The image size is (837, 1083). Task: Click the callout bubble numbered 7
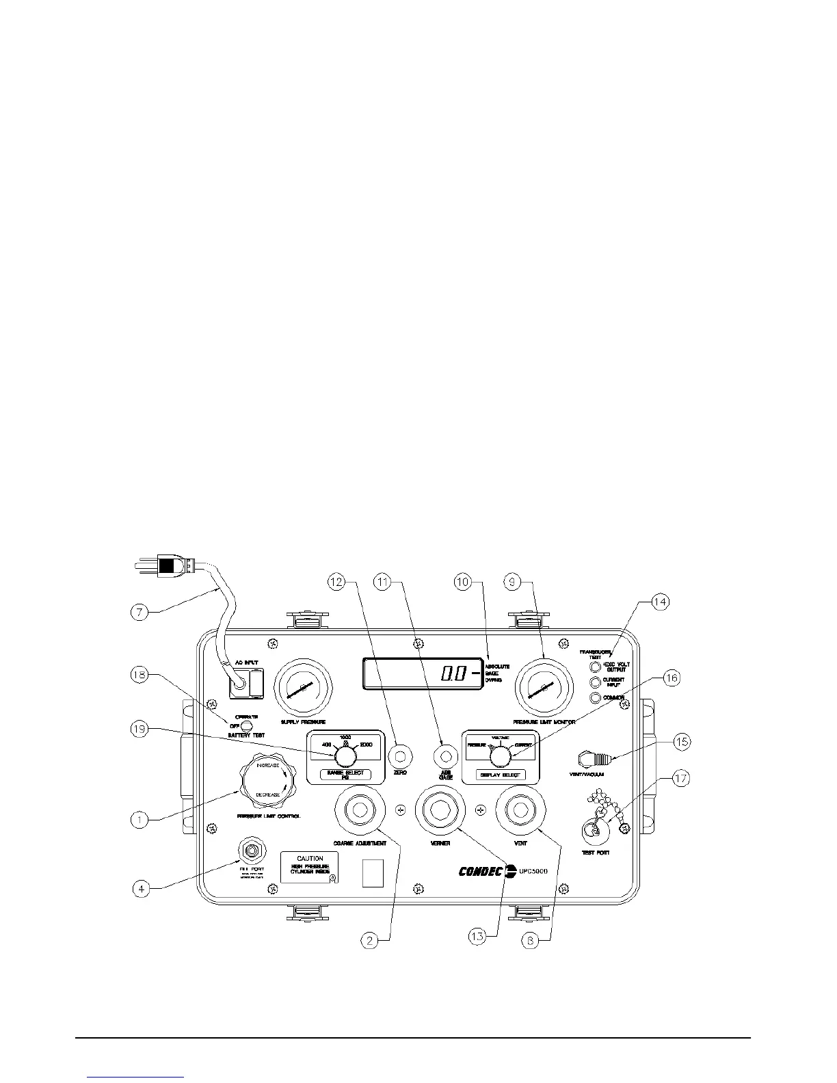pos(141,612)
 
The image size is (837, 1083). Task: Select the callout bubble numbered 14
pos(660,602)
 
